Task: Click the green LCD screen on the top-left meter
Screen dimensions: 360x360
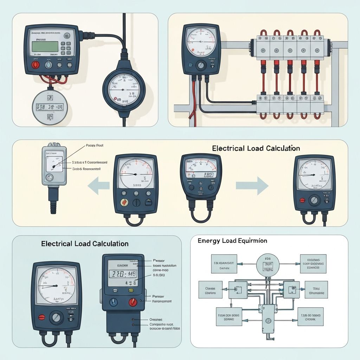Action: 45,47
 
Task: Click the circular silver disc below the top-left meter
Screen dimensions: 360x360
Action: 49,107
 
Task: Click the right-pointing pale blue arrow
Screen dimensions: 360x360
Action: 252,185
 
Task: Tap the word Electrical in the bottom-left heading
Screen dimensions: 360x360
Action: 57,243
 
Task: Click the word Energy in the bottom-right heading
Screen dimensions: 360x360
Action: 208,241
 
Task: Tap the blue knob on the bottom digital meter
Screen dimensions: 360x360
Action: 114,302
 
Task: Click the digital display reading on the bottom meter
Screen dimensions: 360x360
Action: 123,274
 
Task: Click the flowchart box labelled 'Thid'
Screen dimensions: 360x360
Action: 316,289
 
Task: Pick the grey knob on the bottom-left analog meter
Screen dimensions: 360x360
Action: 56,318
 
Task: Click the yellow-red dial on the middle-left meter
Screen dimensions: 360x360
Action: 124,202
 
